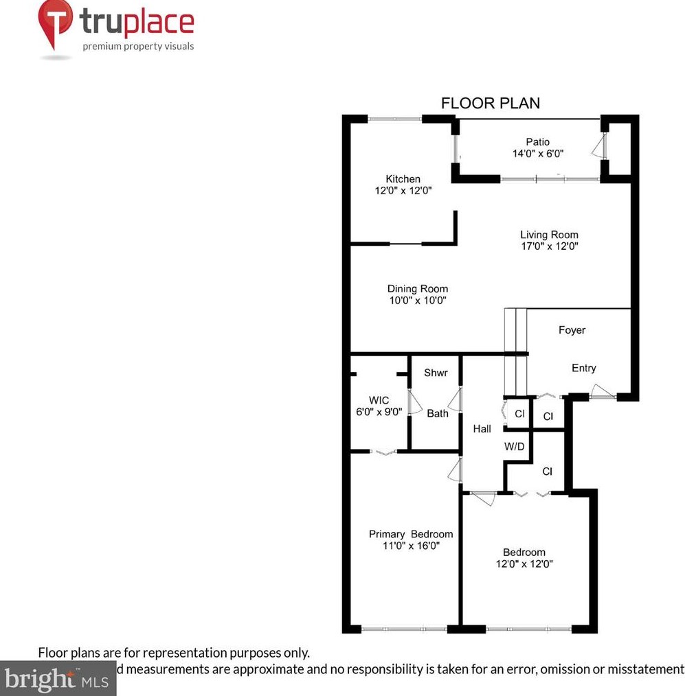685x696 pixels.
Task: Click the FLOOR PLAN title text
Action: click(x=490, y=104)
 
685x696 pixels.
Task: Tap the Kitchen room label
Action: click(x=403, y=179)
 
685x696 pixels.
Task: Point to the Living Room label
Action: click(x=548, y=235)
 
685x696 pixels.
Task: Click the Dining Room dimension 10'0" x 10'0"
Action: click(x=417, y=301)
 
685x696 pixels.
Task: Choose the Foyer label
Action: click(x=572, y=330)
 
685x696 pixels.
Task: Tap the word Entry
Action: click(x=583, y=368)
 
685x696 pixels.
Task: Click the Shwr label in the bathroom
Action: click(x=436, y=373)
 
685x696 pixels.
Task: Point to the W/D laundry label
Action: click(x=515, y=447)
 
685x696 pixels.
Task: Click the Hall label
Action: click(x=482, y=429)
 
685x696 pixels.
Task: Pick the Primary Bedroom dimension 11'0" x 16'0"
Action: click(x=410, y=546)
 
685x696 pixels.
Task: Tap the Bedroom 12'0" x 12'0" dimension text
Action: click(x=524, y=564)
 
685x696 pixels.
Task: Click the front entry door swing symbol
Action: click(x=600, y=393)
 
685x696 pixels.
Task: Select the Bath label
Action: click(x=437, y=413)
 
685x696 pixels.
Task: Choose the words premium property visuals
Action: click(x=138, y=47)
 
